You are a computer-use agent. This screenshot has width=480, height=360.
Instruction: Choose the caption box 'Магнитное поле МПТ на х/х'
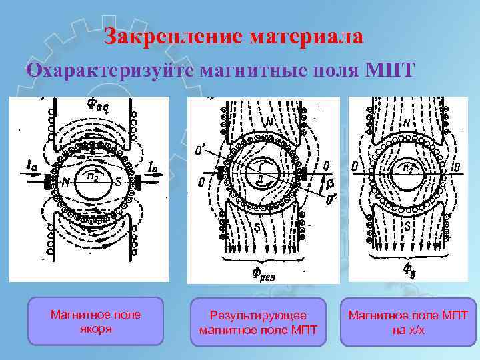pos(408,322)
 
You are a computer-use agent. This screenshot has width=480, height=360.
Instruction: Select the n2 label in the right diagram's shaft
pos(407,167)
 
